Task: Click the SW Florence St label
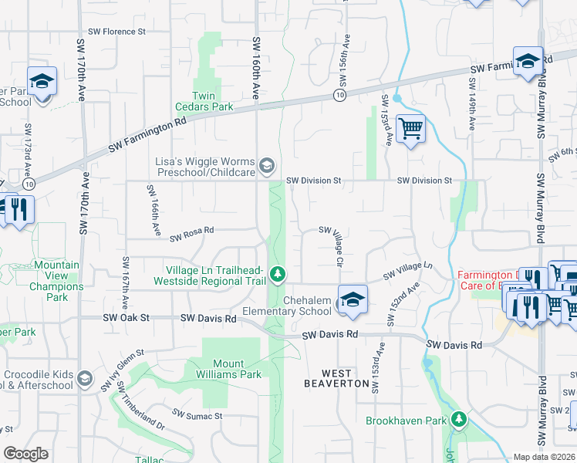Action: click(116, 32)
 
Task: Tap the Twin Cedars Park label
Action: click(212, 101)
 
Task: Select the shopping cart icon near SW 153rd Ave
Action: click(410, 128)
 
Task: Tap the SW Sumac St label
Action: click(197, 415)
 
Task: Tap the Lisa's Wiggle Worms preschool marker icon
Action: click(266, 164)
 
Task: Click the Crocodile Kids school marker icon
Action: click(85, 380)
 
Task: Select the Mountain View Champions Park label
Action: click(56, 281)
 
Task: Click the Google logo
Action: click(25, 454)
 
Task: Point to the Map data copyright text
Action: click(544, 457)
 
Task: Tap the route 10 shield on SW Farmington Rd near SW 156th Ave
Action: click(339, 94)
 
